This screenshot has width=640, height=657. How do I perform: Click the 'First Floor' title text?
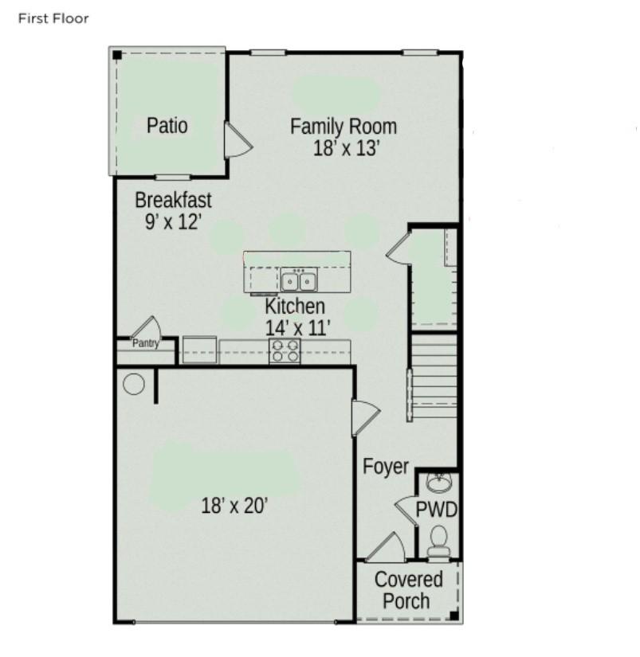click(x=53, y=18)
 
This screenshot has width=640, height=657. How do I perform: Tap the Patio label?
click(x=167, y=125)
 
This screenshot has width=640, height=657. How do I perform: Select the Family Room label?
click(x=344, y=127)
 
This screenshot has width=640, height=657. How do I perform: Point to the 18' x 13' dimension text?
click(x=347, y=148)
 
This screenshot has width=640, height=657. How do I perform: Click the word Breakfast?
click(x=173, y=200)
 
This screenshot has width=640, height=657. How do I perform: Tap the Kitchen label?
click(x=295, y=306)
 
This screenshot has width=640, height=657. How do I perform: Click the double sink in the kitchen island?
click(x=299, y=280)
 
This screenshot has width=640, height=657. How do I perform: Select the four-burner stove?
click(x=285, y=351)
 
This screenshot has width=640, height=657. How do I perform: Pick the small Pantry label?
click(x=146, y=343)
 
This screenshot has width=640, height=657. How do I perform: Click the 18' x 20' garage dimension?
click(x=234, y=506)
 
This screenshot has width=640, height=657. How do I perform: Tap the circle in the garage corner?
click(x=134, y=384)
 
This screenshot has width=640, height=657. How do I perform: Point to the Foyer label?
click(x=386, y=467)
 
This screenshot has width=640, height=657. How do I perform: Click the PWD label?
click(x=436, y=510)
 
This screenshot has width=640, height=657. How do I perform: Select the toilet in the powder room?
click(x=438, y=542)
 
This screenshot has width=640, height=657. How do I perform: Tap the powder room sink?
click(x=439, y=483)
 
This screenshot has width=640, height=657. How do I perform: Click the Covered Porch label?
click(x=407, y=590)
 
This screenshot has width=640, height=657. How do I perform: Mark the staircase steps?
click(x=434, y=375)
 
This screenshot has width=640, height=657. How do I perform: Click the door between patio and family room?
click(x=238, y=140)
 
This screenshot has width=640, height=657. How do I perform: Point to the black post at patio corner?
click(x=117, y=55)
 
